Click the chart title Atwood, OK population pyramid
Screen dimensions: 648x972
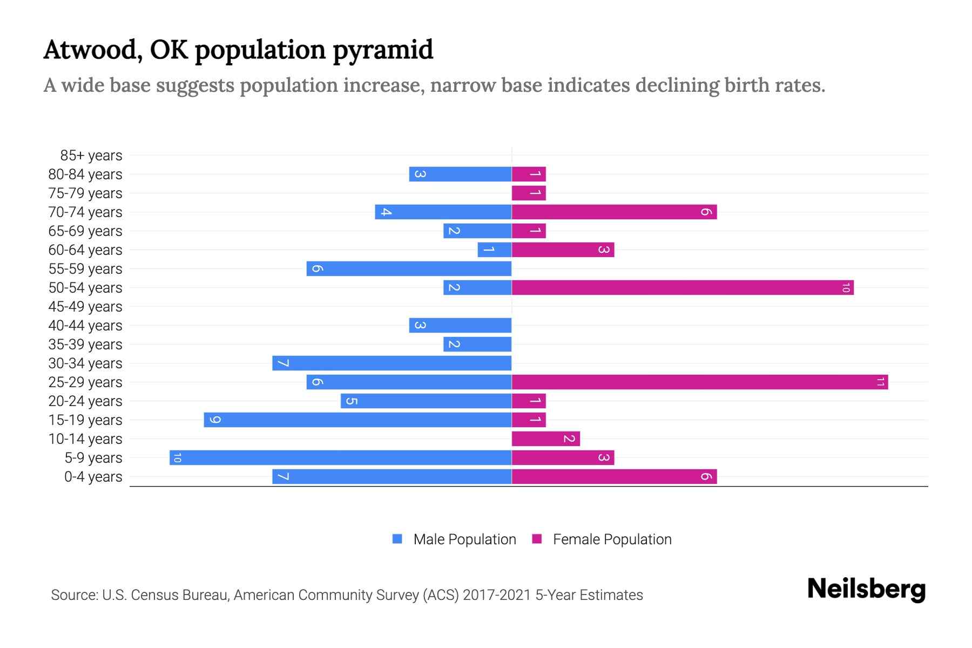tap(238, 50)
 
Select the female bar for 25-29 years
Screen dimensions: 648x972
tap(699, 382)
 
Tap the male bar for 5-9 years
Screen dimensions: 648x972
tap(340, 458)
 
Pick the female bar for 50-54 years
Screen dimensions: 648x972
tap(682, 288)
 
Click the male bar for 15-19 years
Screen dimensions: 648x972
tap(357, 420)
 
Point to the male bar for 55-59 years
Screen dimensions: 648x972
tap(409, 269)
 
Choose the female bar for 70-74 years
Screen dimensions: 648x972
tap(614, 212)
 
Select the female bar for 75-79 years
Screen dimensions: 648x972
tap(529, 193)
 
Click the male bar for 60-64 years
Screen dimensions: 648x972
tap(495, 250)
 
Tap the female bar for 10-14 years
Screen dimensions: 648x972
tap(545, 439)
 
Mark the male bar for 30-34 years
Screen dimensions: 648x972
tap(391, 363)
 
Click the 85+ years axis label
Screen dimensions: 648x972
tap(91, 156)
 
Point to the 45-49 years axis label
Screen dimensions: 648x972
tap(85, 307)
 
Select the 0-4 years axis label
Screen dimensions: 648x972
tap(93, 477)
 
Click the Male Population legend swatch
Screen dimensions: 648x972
tap(397, 539)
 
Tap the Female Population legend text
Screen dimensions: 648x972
tap(612, 539)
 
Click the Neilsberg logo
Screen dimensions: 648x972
tap(866, 589)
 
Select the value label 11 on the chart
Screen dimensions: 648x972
tap(880, 382)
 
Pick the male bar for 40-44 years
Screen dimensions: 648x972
tap(460, 326)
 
